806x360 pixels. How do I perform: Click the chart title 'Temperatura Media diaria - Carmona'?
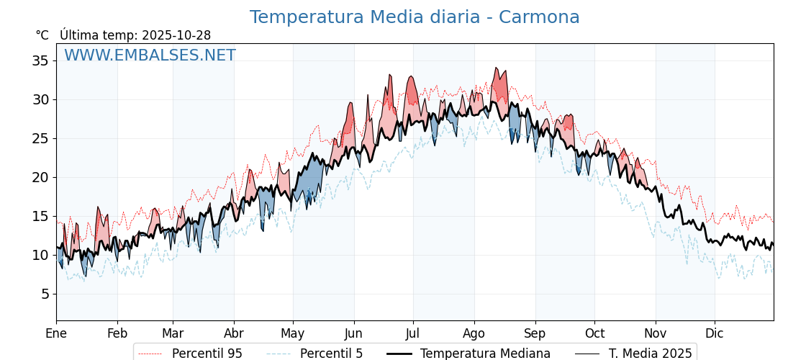point(414,17)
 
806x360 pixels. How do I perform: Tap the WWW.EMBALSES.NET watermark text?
point(150,55)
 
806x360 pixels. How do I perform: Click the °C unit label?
point(42,35)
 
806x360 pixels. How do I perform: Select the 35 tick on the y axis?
point(40,60)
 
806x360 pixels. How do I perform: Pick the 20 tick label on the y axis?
point(40,177)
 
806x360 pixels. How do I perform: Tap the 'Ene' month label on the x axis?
point(56,333)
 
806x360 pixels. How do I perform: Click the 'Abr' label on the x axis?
point(234,333)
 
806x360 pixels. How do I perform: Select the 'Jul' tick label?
point(413,333)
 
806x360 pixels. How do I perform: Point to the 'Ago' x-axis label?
point(474,333)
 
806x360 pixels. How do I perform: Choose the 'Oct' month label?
point(594,333)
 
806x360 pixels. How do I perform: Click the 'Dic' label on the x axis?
point(715,333)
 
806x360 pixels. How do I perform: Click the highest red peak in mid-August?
point(496,68)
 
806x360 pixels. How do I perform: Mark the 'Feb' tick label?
point(117,333)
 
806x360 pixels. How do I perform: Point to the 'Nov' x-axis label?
point(656,333)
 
